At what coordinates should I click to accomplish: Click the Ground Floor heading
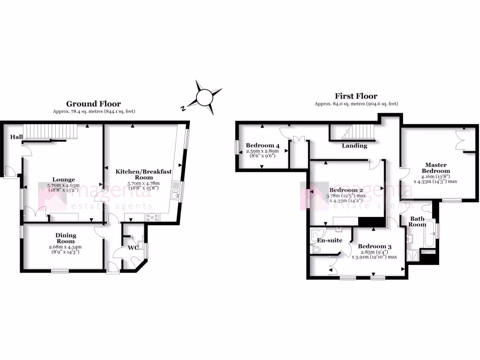(x=93, y=104)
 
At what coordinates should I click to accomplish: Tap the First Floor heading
(x=356, y=96)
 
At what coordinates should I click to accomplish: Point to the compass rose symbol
(x=204, y=97)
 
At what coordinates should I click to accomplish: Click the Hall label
(x=16, y=137)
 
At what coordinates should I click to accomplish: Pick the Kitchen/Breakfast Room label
(x=144, y=174)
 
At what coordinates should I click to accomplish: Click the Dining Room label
(x=66, y=238)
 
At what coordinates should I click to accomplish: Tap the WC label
(x=134, y=247)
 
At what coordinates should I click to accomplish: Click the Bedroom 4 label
(x=262, y=145)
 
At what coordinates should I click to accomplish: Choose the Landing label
(x=354, y=146)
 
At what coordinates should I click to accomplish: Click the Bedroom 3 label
(x=375, y=247)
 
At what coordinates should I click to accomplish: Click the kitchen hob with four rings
(x=153, y=217)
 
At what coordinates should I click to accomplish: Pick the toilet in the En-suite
(x=316, y=250)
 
